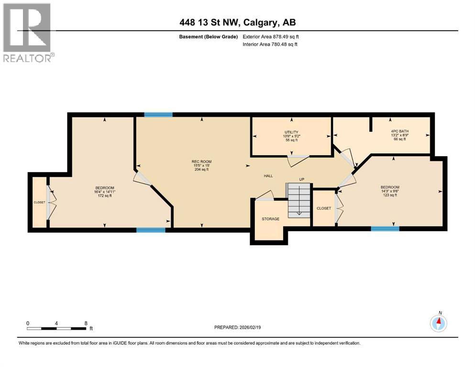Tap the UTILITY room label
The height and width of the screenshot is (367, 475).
coord(291,132)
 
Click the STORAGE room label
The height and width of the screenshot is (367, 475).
coord(270,219)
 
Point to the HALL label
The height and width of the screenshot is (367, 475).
coord(268,176)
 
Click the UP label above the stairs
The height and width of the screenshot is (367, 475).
coord(301,179)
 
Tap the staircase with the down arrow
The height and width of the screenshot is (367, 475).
coord(298,200)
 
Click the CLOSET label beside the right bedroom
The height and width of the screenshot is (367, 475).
coord(324,208)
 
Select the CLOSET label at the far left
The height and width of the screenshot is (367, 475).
coord(39,202)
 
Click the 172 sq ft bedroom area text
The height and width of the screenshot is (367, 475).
coord(104,195)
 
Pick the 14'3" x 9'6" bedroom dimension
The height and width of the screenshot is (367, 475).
coord(390,191)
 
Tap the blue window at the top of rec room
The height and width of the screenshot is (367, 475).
coord(158,114)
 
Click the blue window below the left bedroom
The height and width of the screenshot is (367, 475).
coord(151,230)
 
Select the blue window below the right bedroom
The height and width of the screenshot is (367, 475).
coord(385,228)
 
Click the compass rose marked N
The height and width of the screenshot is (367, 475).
coord(439,324)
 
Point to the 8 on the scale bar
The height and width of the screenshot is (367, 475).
coord(86,323)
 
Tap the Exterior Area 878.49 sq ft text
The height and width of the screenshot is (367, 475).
coord(273,36)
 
